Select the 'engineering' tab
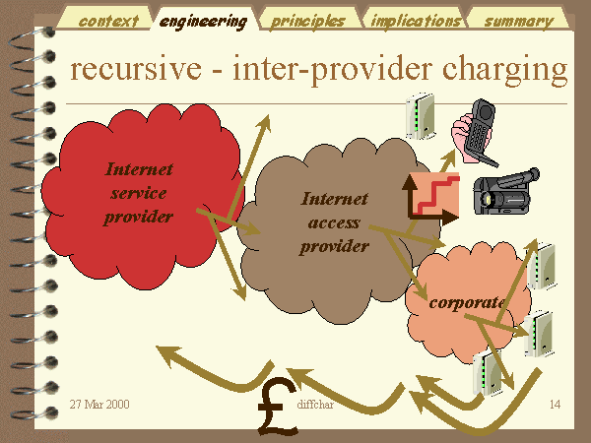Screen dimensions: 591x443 204,20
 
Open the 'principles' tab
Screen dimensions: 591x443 308,20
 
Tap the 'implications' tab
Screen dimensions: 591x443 415,20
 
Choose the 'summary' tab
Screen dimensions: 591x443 518,20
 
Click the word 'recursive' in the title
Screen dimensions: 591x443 136,69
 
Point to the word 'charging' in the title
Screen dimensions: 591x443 504,71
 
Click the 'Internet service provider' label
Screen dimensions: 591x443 139,193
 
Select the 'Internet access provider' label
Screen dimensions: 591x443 334,222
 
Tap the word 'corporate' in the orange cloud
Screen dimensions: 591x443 467,302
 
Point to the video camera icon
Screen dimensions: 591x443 506,192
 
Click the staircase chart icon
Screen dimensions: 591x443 433,196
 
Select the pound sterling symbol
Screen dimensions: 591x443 277,407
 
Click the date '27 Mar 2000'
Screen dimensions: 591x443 99,405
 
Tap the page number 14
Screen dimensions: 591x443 555,405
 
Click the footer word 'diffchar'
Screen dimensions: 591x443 315,405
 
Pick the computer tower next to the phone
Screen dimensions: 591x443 421,115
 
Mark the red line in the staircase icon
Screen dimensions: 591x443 437,194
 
